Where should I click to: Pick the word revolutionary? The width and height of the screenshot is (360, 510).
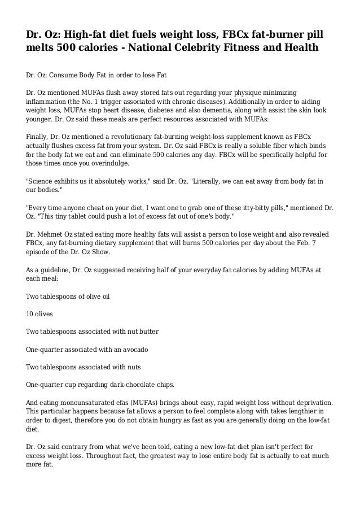click(x=132, y=136)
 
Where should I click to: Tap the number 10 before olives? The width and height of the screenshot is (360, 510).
click(x=30, y=312)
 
